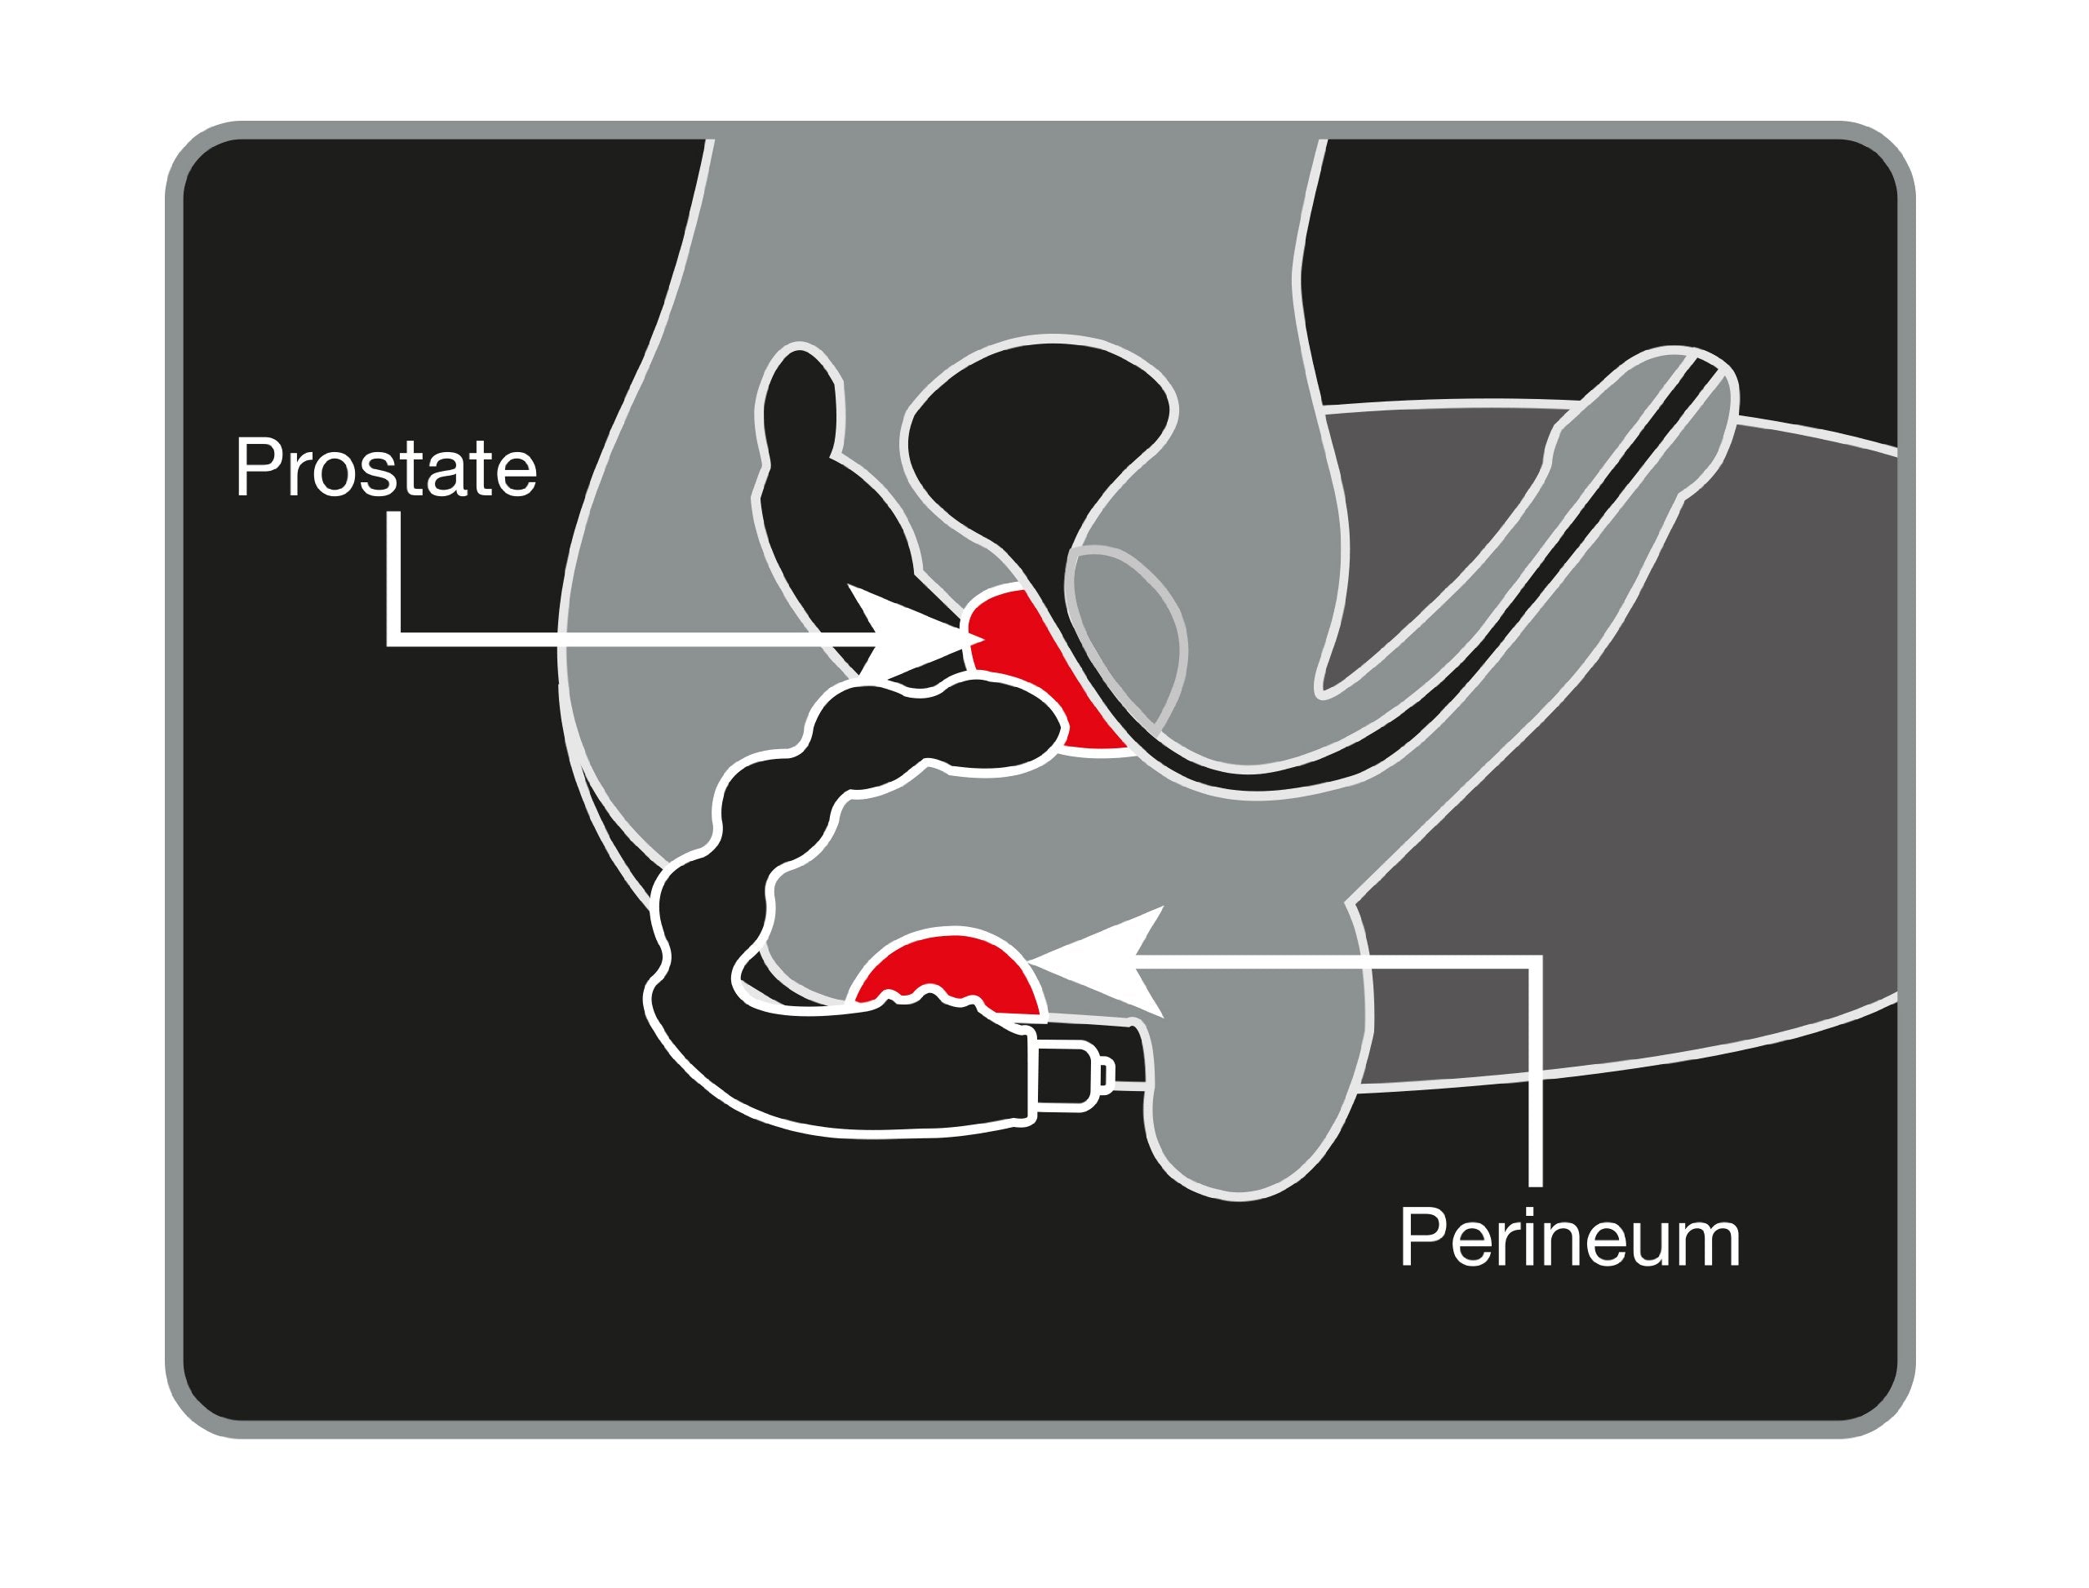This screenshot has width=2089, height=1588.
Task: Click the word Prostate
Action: coord(387,467)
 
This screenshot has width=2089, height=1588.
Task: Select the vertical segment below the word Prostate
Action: coord(393,579)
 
